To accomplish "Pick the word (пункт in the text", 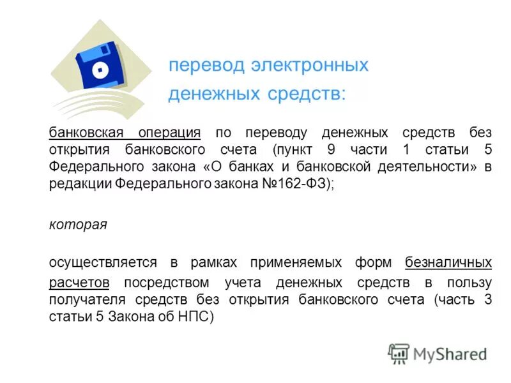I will (x=291, y=150).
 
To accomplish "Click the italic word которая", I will (x=78, y=225).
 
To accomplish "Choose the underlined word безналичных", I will (x=448, y=262).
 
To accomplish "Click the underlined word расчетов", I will (x=79, y=282).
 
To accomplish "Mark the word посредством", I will (x=167, y=282).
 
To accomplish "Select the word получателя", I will (x=88, y=300).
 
